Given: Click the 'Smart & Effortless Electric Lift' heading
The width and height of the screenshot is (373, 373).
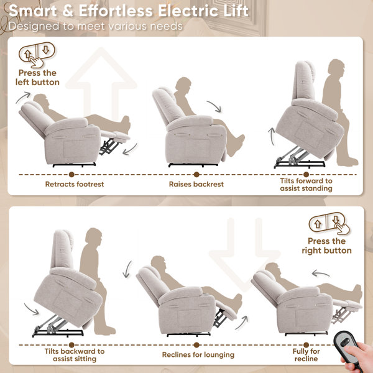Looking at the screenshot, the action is [129, 11].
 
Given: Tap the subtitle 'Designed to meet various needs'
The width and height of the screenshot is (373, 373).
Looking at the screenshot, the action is [96, 26].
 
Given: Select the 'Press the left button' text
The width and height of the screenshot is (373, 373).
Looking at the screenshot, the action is [37, 78].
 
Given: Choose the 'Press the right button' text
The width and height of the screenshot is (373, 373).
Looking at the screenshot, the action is [326, 246].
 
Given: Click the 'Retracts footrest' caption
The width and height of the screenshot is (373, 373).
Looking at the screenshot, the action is [75, 184].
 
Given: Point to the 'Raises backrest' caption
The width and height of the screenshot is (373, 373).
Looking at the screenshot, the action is [196, 184].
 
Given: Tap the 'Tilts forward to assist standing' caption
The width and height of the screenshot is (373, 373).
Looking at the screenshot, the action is [306, 185].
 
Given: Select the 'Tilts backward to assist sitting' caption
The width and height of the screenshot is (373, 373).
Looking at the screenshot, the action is [75, 355].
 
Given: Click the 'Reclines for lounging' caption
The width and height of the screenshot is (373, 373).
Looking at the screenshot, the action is [198, 355].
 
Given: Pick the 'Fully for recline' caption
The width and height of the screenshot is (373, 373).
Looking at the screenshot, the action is [306, 355].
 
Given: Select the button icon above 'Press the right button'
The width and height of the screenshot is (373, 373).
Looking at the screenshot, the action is [329, 224].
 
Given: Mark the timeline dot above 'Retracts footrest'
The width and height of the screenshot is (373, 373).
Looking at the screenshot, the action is [71, 175].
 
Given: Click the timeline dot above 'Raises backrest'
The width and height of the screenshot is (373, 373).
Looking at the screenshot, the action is [196, 175].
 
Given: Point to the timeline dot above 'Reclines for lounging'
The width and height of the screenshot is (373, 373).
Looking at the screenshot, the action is [196, 345].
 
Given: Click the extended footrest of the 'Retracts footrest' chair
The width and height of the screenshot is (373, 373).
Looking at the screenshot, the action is [116, 137].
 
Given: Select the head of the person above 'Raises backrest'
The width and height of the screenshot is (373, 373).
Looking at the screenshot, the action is [183, 85].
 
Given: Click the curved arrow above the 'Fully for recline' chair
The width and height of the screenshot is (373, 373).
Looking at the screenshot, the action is [320, 274].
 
